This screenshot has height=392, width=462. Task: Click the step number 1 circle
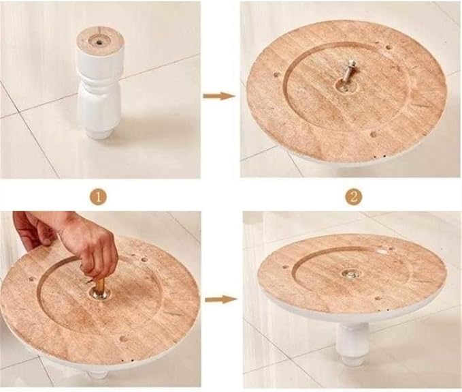99,196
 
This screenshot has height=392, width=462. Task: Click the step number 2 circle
354,197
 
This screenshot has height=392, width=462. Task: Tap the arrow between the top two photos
219,96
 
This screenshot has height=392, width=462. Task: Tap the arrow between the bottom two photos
221,299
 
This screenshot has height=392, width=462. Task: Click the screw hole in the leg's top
100,42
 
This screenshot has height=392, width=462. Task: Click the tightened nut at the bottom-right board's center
350,274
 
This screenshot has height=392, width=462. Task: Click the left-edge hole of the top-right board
276,75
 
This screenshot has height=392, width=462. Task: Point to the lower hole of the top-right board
374,134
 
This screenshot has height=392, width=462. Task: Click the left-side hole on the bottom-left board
31,278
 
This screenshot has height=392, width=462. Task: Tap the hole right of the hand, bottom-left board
144,260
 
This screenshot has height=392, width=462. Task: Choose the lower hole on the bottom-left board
124,339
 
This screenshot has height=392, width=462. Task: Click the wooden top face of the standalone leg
99,40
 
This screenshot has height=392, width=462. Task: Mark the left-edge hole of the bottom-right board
285,267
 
